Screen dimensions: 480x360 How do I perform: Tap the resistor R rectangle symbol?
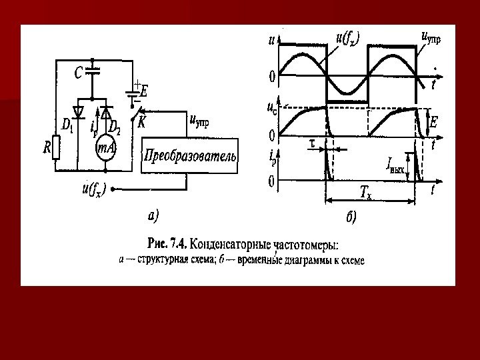57,149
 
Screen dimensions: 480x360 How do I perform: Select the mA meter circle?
105,149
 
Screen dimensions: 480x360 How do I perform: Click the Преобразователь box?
190,156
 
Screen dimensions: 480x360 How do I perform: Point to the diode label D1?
67,124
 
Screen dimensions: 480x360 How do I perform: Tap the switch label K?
142,123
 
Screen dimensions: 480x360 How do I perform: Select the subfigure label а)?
153,215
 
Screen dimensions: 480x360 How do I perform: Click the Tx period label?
365,192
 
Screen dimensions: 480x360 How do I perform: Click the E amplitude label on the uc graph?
433,122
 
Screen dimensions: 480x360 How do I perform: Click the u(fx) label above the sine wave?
347,39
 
